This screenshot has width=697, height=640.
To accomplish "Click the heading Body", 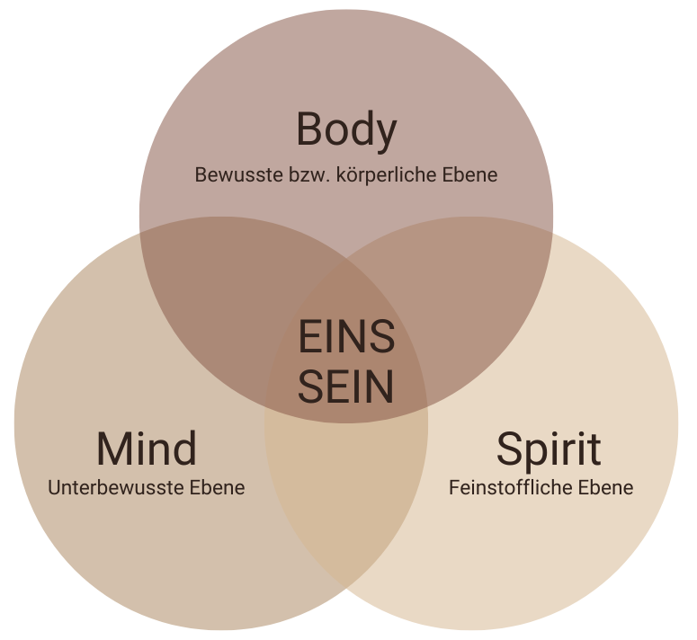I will pyautogui.click(x=346, y=130).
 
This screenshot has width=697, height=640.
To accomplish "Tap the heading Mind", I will pyautogui.click(x=147, y=449).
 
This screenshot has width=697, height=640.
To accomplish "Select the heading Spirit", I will pyautogui.click(x=549, y=449).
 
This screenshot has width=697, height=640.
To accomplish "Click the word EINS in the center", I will pyautogui.click(x=346, y=338).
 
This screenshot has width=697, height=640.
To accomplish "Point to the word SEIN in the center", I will pyautogui.click(x=346, y=387).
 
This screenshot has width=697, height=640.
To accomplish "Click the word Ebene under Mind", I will pyautogui.click(x=217, y=488).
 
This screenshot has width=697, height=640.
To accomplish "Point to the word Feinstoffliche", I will pyautogui.click(x=512, y=488).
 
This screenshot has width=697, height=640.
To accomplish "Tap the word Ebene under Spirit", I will pyautogui.click(x=605, y=488).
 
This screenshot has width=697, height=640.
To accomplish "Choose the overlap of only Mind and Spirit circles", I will pyautogui.click(x=346, y=503).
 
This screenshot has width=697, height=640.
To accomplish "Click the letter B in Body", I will pyautogui.click(x=309, y=130).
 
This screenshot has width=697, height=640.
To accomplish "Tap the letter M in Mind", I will pyautogui.click(x=114, y=449).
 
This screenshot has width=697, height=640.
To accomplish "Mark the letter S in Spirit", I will pyautogui.click(x=510, y=449).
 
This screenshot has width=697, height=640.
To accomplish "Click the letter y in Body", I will pyautogui.click(x=385, y=135).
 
